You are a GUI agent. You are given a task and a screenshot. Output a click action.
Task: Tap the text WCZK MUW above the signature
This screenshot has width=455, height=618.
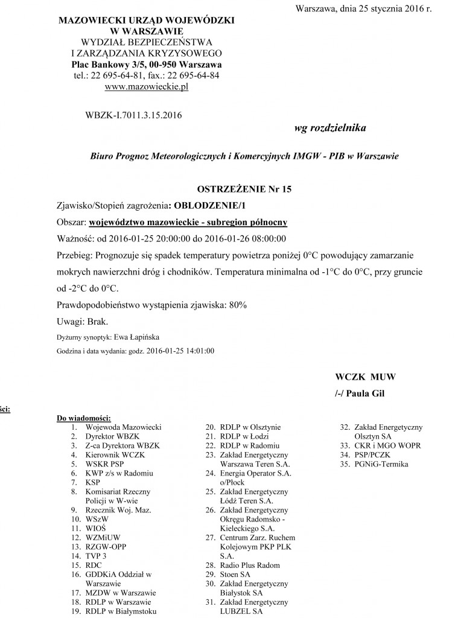[x=365, y=377]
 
